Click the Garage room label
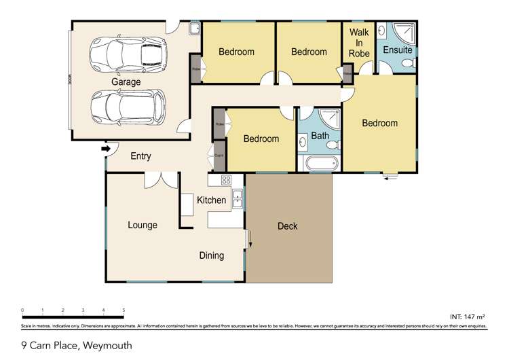click(x=126, y=82)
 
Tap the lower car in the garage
click(x=129, y=107)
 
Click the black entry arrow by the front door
click(x=105, y=147)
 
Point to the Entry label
click(x=140, y=157)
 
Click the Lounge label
click(x=143, y=226)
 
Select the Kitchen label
click(x=211, y=200)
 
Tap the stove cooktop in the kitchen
click(x=226, y=181)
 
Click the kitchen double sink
click(x=238, y=199)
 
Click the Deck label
click(x=288, y=226)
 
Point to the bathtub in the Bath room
click(x=320, y=164)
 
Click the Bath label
click(x=320, y=136)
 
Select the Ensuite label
click(x=397, y=50)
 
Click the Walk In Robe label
click(x=359, y=43)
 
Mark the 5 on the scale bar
click(x=124, y=310)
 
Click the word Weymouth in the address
click(x=107, y=346)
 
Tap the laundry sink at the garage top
click(x=193, y=28)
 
